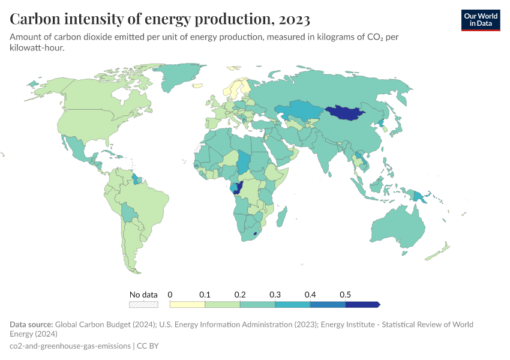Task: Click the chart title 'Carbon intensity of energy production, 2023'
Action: click(160, 19)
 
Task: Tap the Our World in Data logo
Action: click(480, 20)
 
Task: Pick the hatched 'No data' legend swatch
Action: click(144, 305)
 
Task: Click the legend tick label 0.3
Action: click(275, 295)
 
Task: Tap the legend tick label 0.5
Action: click(345, 295)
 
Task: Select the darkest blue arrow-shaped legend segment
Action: click(362, 305)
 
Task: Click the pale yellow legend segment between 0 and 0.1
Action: click(187, 305)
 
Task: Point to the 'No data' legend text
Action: click(143, 295)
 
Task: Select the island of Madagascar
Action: click(280, 215)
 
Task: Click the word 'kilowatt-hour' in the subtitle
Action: click(37, 48)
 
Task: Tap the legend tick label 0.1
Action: click(205, 295)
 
